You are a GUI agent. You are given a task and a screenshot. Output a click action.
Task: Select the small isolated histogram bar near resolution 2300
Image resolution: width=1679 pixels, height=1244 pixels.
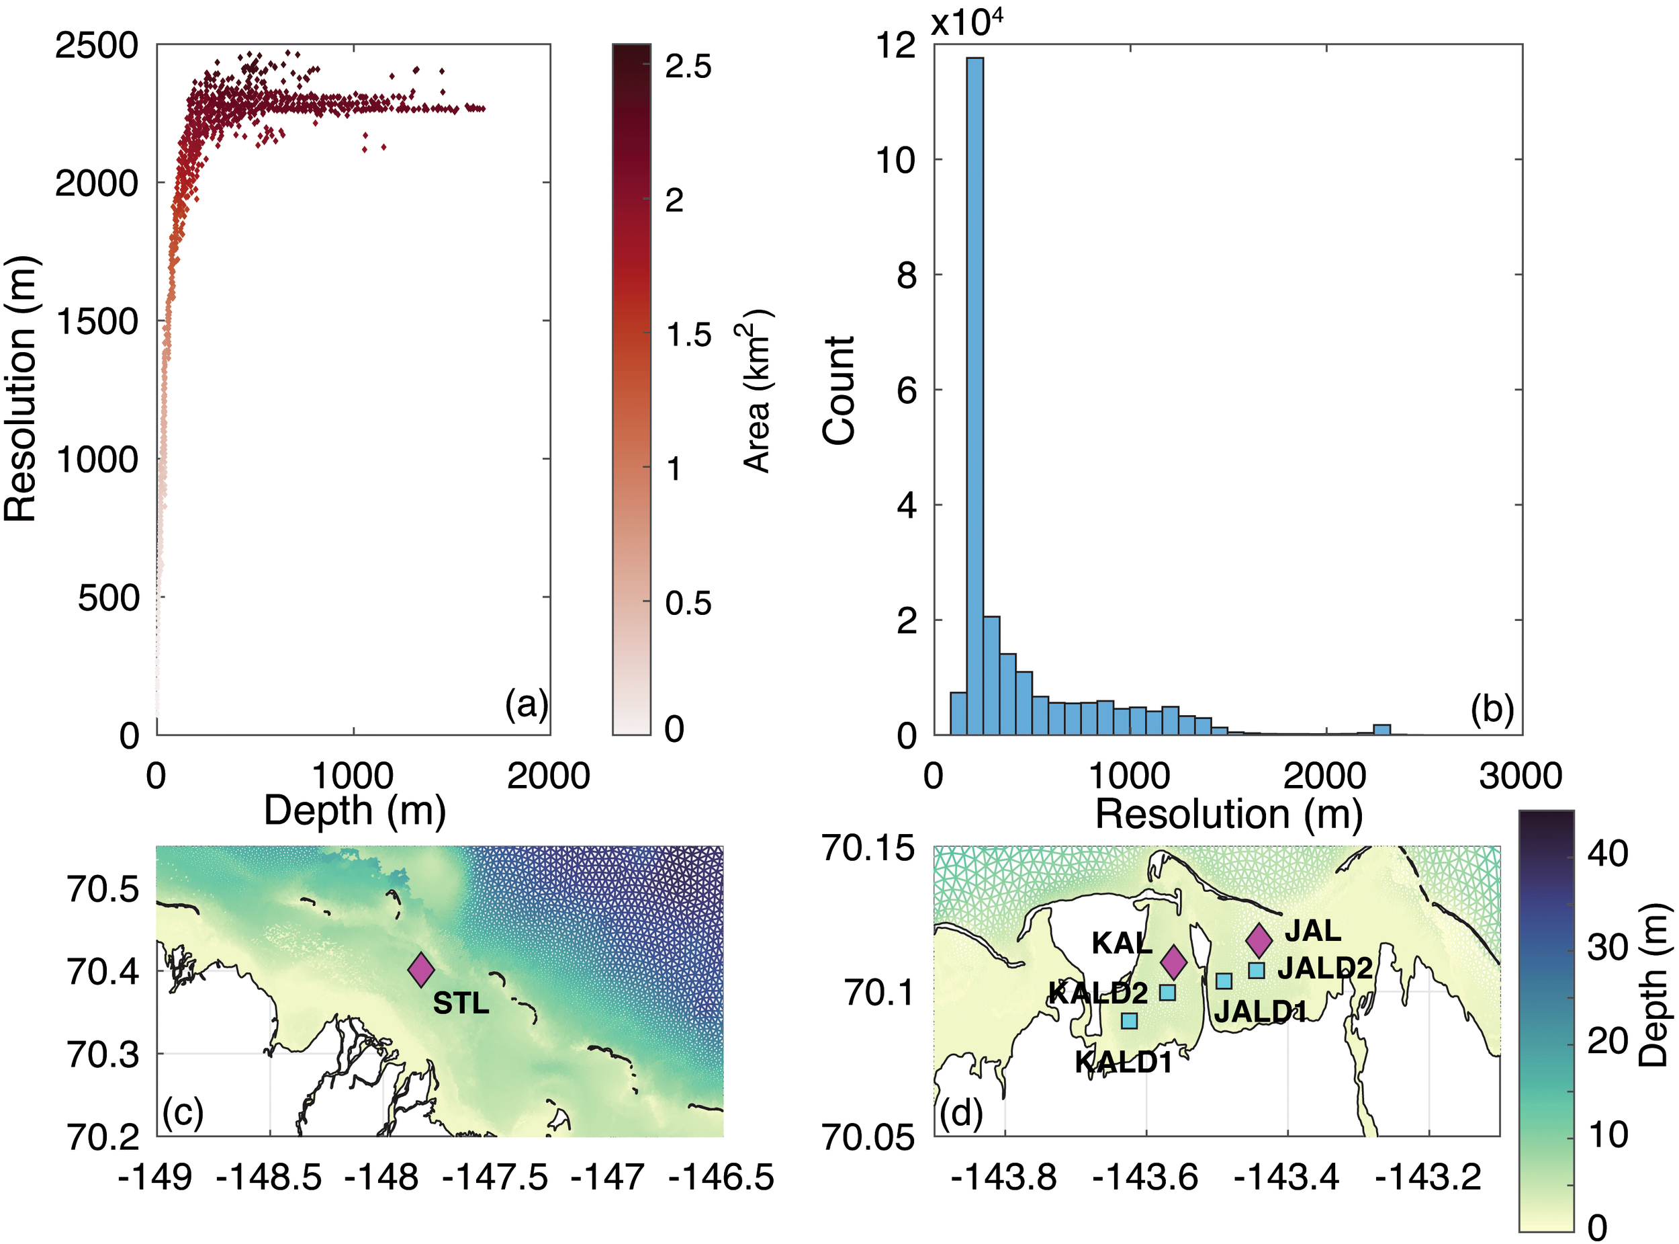[x=1381, y=729]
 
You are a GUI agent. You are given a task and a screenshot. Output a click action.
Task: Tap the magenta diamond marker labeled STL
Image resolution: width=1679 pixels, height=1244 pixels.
[x=420, y=969]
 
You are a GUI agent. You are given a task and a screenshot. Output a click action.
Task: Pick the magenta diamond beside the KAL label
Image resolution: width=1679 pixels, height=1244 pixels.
[x=1173, y=962]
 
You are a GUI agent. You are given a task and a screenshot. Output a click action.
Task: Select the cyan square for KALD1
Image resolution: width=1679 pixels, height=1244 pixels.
[x=1129, y=1020]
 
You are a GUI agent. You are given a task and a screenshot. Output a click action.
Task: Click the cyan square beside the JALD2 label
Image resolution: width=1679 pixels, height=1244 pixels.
[x=1256, y=970]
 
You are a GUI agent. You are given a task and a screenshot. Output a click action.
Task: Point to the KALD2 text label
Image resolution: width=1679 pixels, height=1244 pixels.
[x=1098, y=993]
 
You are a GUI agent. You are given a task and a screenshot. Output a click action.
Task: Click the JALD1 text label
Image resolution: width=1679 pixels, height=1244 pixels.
[x=1260, y=1011]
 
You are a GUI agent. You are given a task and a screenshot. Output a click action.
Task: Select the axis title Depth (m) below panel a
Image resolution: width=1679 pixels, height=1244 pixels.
[x=355, y=811]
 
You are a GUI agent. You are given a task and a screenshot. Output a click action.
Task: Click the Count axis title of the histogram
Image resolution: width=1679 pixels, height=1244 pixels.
[x=838, y=391]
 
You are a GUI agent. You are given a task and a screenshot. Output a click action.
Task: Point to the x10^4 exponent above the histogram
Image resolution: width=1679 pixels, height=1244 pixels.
[x=966, y=23]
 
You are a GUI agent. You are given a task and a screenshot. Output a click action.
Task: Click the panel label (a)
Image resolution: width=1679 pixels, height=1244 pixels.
[x=526, y=705]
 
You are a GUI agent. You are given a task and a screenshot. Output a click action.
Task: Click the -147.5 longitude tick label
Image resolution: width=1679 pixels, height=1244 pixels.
[x=494, y=1177]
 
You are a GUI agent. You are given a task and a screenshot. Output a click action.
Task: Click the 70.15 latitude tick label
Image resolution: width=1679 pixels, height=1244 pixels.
[x=868, y=849]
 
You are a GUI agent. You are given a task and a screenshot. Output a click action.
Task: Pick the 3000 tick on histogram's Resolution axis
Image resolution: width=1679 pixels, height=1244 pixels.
[x=1521, y=776]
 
